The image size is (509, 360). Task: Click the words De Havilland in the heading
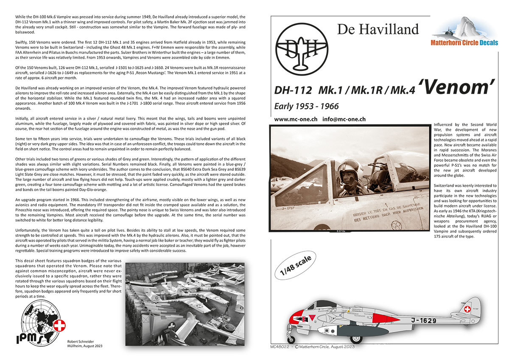[x=378, y=29]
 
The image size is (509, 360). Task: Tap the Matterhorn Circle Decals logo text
[x=464, y=42]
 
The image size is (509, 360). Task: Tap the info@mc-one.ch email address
[x=344, y=119]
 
